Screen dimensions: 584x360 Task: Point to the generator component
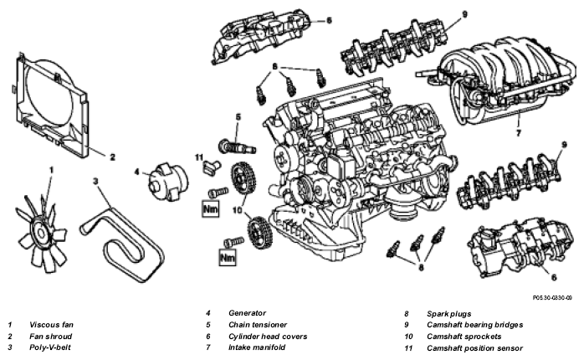point(167,182)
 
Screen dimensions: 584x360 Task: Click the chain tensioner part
point(236,147)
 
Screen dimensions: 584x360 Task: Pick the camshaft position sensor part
point(211,167)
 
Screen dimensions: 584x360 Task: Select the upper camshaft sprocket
point(243,178)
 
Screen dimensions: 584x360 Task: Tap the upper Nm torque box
point(210,208)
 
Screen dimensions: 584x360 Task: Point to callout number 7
point(519,132)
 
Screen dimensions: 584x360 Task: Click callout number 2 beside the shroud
point(112,157)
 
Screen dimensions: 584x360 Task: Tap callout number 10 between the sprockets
point(238,210)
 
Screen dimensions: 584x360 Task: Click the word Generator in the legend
point(247,313)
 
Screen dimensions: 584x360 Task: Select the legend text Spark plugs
point(448,314)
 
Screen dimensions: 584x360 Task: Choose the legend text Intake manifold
point(257,347)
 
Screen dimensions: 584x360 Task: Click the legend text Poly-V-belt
point(50,347)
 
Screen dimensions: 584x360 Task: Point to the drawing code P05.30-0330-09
point(552,298)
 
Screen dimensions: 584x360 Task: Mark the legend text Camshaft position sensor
point(475,348)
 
